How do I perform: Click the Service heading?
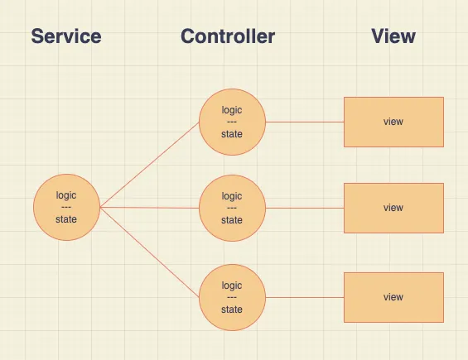click(x=66, y=36)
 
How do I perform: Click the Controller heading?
click(x=228, y=36)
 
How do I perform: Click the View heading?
click(x=393, y=36)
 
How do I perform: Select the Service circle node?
click(x=66, y=207)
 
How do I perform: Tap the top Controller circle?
click(x=232, y=122)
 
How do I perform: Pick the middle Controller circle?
click(x=232, y=208)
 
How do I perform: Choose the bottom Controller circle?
click(x=232, y=297)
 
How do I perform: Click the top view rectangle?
click(x=393, y=122)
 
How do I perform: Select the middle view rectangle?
click(x=393, y=208)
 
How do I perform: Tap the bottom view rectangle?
click(x=393, y=297)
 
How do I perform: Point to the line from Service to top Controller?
click(x=149, y=165)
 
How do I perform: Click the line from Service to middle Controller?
click(x=149, y=208)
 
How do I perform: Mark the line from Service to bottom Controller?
click(x=149, y=252)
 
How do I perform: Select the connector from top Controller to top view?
click(x=304, y=122)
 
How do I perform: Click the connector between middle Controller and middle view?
click(x=304, y=208)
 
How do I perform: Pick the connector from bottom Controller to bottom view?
click(x=304, y=297)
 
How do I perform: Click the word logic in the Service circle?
click(x=66, y=195)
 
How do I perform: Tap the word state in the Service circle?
click(x=66, y=219)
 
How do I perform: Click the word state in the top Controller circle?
click(x=232, y=134)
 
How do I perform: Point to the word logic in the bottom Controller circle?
click(x=232, y=286)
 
